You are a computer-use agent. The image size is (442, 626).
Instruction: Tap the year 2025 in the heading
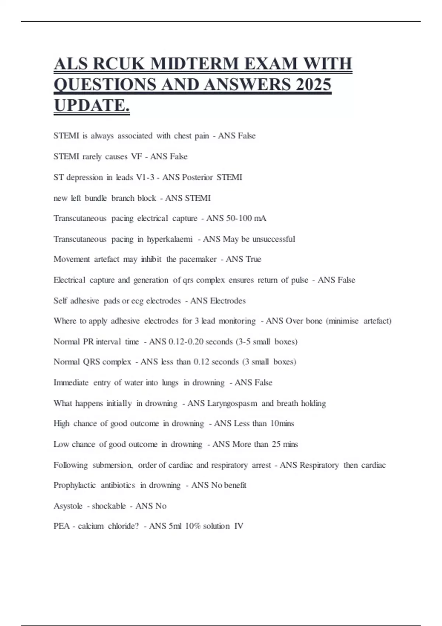[x=313, y=84]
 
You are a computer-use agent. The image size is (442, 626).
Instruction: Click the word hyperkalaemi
[x=169, y=239]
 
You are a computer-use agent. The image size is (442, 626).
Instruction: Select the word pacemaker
[x=197, y=259]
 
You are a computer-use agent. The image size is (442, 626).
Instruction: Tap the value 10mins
[x=282, y=424]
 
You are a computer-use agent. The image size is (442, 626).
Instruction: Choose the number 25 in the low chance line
[x=276, y=444]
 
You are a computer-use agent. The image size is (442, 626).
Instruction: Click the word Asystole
[x=68, y=506]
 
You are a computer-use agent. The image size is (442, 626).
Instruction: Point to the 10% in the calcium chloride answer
[x=192, y=526]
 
